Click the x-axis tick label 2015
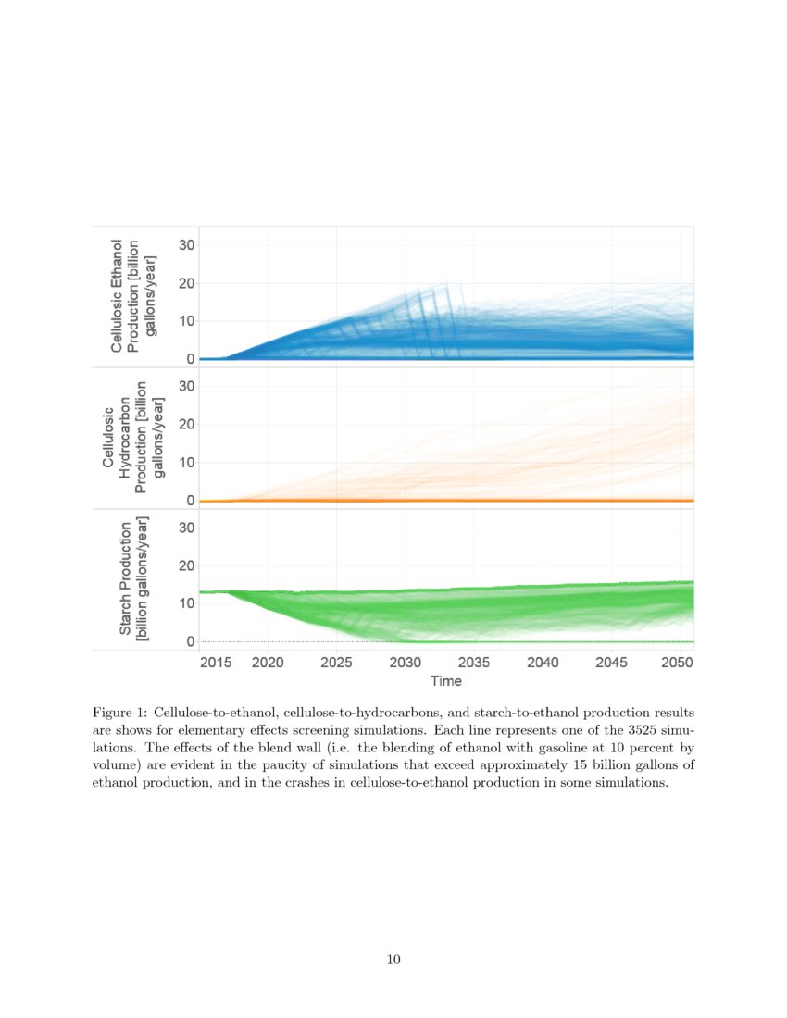[215, 663]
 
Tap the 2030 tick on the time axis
[406, 663]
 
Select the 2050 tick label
[679, 663]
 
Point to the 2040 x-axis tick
[543, 663]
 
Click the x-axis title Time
[446, 680]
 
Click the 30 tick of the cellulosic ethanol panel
[186, 245]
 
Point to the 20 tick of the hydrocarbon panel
[186, 425]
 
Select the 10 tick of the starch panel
[186, 603]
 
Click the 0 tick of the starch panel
[191, 641]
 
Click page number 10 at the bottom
[393, 960]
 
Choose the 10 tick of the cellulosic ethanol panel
[186, 321]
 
